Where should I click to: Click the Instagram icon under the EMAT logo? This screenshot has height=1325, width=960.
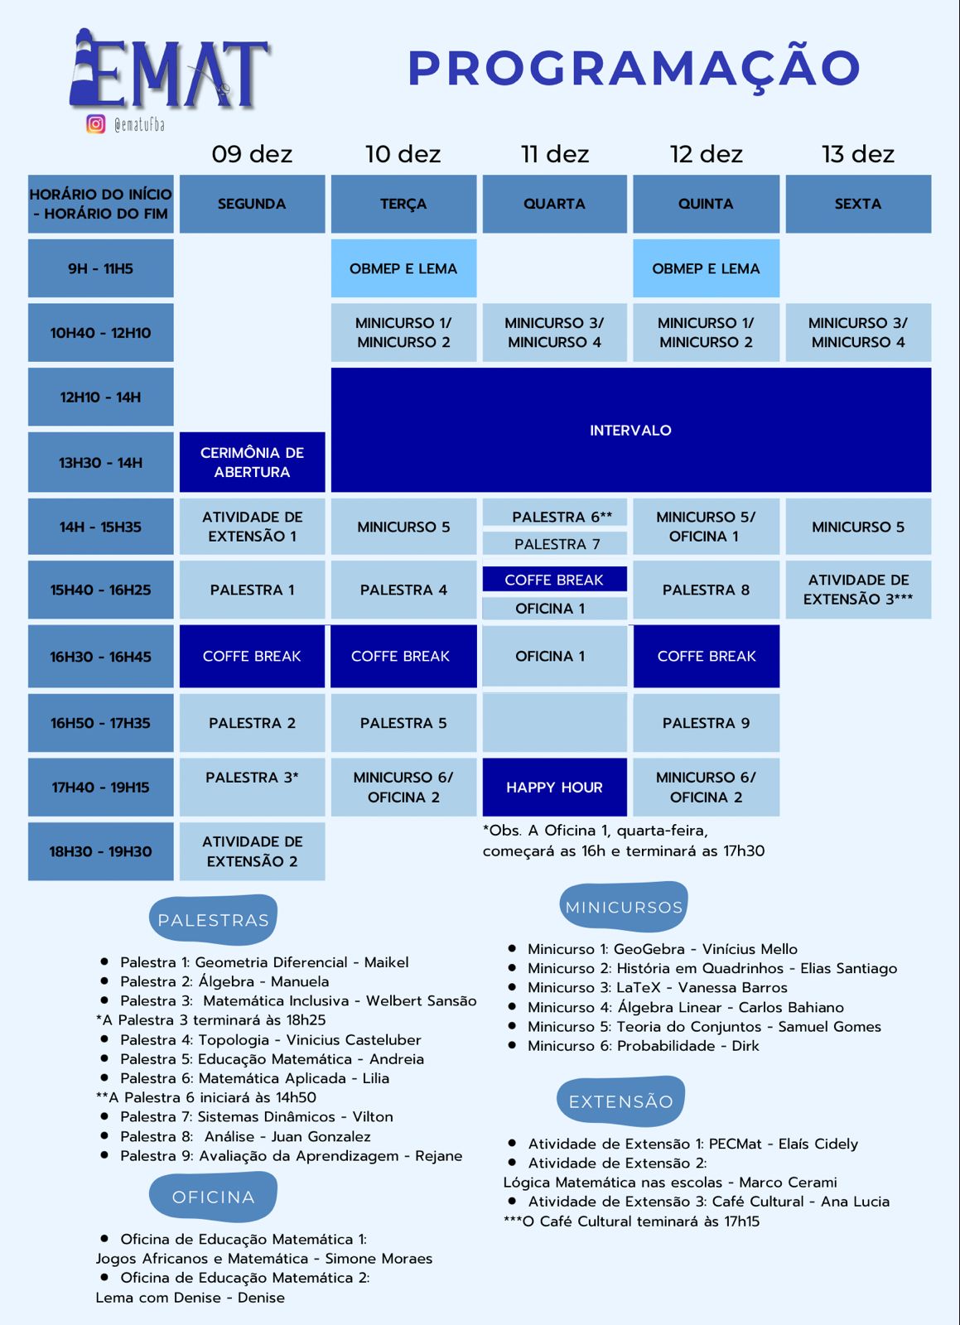pos(96,123)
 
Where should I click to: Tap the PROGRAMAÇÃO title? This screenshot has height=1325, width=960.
pos(634,70)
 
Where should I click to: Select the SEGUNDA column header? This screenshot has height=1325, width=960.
pos(252,204)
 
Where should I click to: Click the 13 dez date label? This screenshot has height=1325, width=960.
pos(857,154)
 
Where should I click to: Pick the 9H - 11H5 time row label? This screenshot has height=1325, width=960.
pos(100,268)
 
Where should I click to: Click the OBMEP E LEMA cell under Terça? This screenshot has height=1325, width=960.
pos(403,268)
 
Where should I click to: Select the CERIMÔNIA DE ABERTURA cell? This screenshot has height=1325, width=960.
pos(252,462)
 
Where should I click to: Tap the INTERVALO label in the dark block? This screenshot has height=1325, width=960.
pos(630,430)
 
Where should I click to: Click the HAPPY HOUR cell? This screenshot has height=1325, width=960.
pos(554,787)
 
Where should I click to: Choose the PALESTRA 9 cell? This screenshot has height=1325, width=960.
pos(707,723)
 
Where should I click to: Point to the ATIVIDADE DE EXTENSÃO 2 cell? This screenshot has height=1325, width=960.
pos(252,851)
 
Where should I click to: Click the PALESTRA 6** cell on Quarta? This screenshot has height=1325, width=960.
pos(554,517)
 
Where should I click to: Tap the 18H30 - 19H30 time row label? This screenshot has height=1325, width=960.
pos(100,851)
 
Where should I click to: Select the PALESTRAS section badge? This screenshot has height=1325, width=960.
pos(213,920)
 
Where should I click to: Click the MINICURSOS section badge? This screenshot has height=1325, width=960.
pos(624,907)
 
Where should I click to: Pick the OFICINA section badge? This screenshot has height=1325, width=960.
pos(213,1197)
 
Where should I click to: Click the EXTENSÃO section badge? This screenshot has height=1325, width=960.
pos(621,1101)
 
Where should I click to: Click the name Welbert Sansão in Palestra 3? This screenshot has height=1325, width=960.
pos(421,1001)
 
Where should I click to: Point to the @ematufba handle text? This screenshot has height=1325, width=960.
pos(140,124)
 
